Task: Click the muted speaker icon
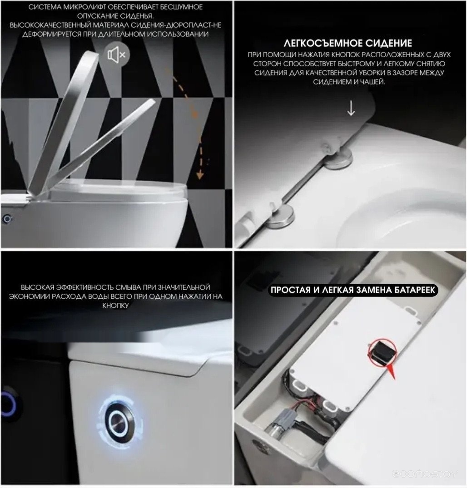(116, 55)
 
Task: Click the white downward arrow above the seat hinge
(351, 108)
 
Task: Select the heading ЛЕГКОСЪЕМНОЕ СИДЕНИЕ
(348, 43)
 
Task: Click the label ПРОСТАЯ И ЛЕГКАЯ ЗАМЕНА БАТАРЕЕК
(353, 290)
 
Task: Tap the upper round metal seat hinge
(338, 159)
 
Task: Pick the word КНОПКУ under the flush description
(115, 306)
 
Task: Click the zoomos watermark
(424, 474)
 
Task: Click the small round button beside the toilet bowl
(7, 219)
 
